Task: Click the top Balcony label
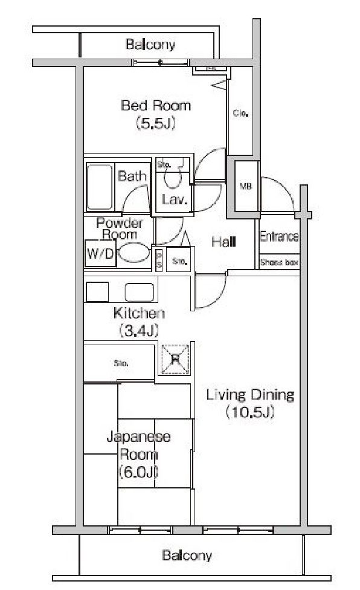[150, 44]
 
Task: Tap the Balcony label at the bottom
[187, 555]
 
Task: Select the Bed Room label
[156, 106]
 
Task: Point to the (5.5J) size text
[156, 124]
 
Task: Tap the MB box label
[245, 186]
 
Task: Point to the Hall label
[223, 242]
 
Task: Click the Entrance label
[279, 236]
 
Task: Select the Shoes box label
[279, 262]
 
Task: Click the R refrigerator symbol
[176, 359]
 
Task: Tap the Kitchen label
[139, 313]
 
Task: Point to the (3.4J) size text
[139, 331]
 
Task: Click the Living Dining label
[250, 395]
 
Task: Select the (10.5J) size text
[250, 413]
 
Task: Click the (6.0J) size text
[138, 472]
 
